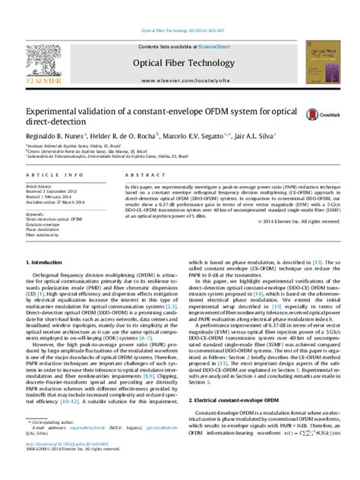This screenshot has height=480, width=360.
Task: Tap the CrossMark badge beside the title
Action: point(314,114)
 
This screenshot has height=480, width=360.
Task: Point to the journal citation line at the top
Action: point(179,30)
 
